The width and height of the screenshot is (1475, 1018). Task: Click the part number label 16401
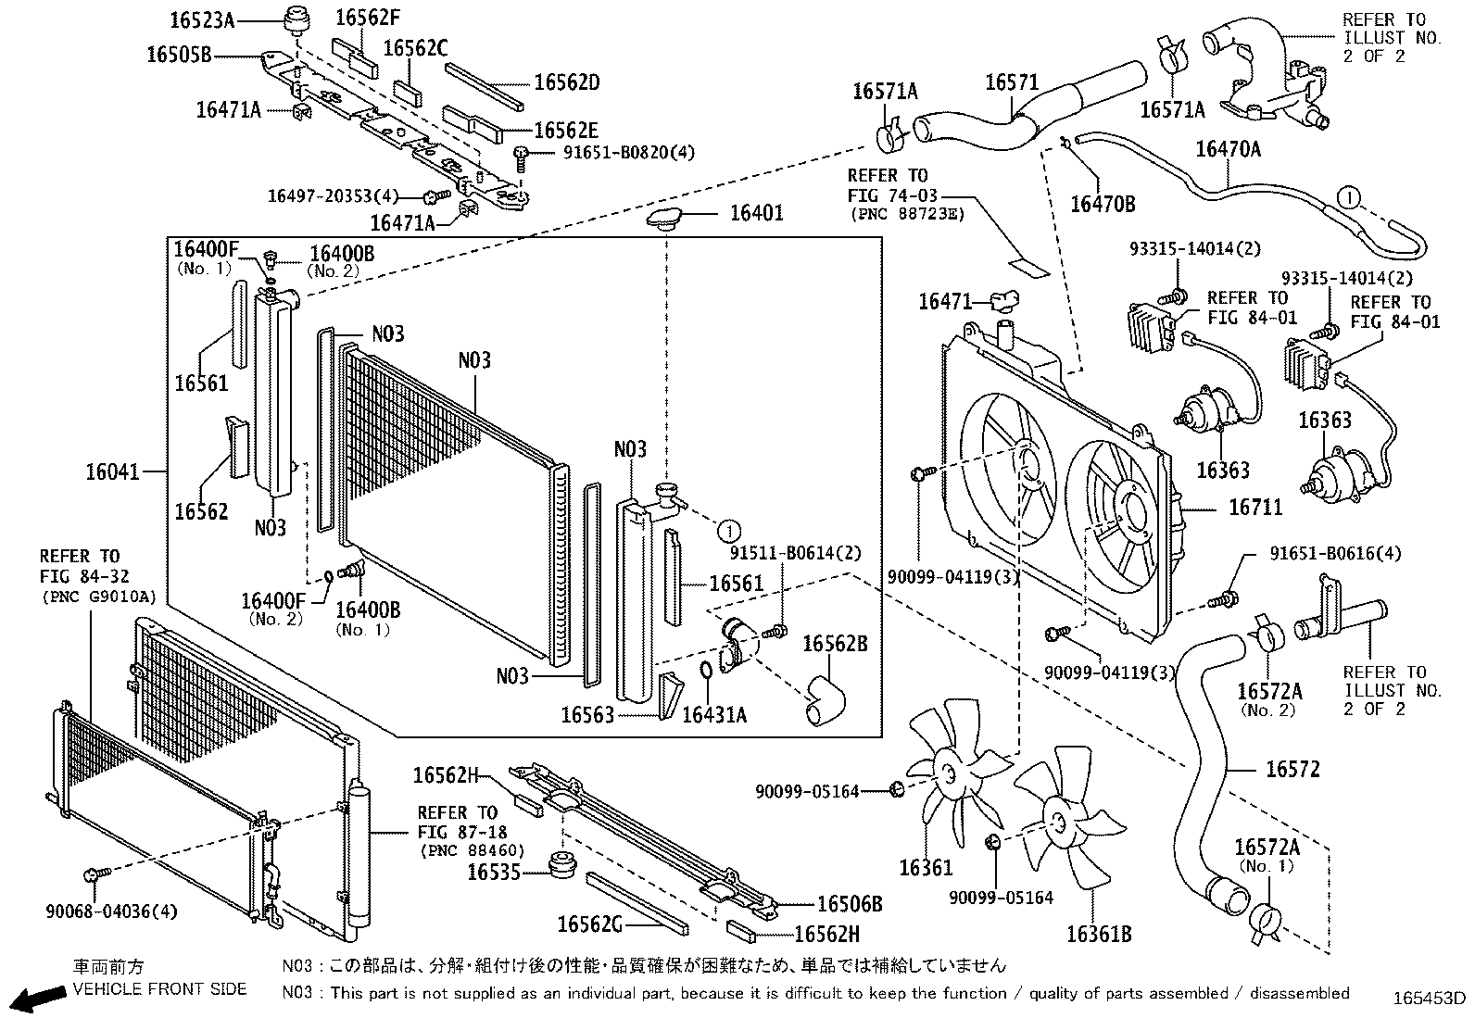(756, 213)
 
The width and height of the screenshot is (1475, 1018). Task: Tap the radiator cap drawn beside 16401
(666, 219)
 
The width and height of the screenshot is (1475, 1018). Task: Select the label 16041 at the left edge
(112, 471)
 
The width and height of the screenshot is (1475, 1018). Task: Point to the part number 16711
(1255, 508)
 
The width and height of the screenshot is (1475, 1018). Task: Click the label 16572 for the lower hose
(1292, 769)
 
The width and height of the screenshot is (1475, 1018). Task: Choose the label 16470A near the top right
(1228, 148)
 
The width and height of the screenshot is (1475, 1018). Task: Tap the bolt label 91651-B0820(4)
(628, 153)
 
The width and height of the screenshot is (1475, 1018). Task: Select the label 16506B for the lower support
(850, 904)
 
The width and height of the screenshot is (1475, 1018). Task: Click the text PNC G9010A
(98, 597)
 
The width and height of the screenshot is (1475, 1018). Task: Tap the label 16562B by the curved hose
(835, 644)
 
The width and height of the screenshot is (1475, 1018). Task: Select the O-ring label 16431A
(714, 714)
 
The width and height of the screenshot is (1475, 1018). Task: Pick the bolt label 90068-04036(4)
(111, 911)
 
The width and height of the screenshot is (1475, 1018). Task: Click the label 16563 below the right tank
(587, 714)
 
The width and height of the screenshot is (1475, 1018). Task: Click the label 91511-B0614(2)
(795, 553)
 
